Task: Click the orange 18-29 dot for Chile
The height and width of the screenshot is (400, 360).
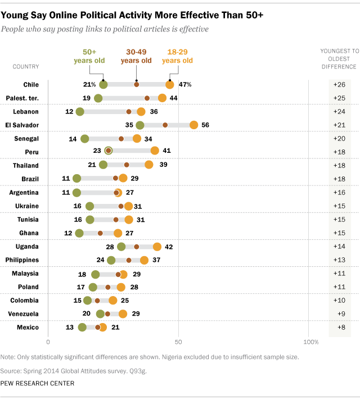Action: coord(170,84)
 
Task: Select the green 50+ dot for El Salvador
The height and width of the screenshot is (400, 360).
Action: coord(139,125)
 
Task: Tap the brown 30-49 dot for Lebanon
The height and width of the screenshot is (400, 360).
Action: coord(129,111)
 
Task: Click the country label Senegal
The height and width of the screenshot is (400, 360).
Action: coord(26,138)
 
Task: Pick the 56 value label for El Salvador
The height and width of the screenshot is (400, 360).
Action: coord(205,125)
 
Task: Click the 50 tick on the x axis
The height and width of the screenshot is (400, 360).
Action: coord(179,342)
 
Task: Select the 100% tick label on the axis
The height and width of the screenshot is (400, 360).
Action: coord(310,342)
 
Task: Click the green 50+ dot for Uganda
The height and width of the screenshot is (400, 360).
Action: coord(121,246)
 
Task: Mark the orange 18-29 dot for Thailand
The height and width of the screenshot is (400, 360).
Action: coord(149,165)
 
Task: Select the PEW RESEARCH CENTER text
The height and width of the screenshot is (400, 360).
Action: coord(37,383)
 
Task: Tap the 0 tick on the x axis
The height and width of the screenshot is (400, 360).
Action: coord(48,342)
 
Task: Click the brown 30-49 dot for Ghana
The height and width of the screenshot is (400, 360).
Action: coord(100,233)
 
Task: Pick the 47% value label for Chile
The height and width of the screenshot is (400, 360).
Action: coord(185,84)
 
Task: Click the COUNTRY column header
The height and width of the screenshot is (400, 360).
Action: coord(26,66)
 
